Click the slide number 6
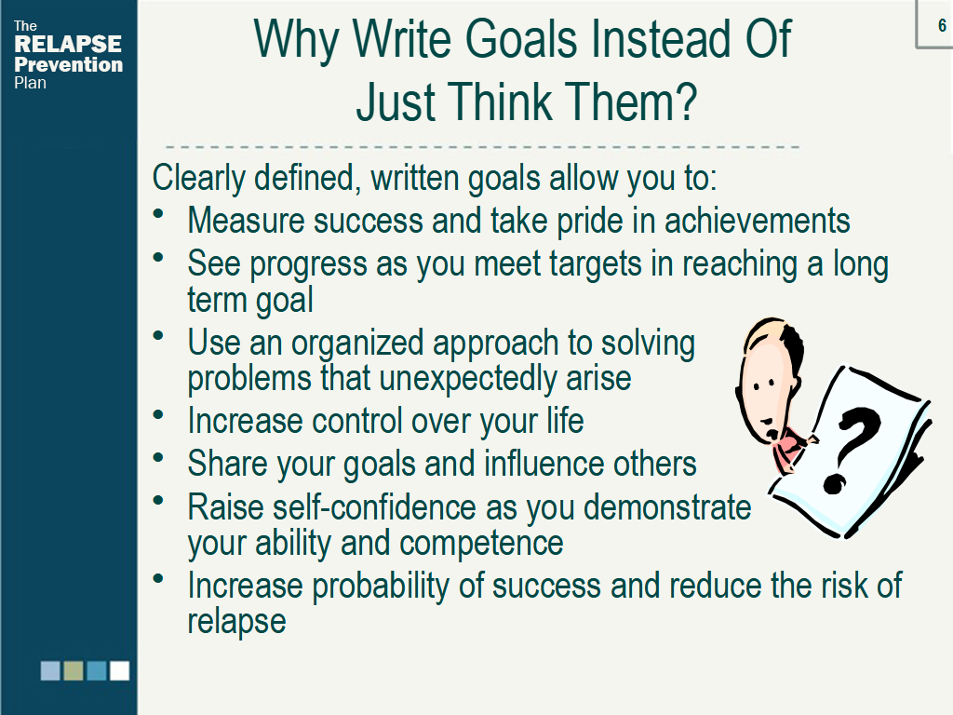click(x=942, y=25)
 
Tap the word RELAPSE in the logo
click(x=68, y=44)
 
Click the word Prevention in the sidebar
click(x=68, y=64)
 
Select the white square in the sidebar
click(x=120, y=670)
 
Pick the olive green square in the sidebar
click(x=74, y=670)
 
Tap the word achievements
click(x=757, y=220)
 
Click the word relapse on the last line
click(x=236, y=621)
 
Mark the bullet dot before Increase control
click(x=158, y=414)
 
